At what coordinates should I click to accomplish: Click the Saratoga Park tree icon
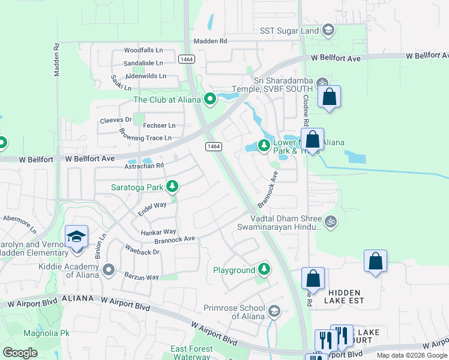click(x=172, y=187)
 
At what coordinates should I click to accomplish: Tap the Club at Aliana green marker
click(x=209, y=99)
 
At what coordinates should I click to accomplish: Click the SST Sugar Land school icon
click(x=328, y=30)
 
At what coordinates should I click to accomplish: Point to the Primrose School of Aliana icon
click(x=274, y=311)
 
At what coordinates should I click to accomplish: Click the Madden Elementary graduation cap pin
click(x=76, y=237)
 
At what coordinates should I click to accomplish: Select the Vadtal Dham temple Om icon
click(x=330, y=223)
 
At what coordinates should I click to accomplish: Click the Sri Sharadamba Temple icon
click(x=322, y=83)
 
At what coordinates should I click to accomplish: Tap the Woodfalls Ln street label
click(x=143, y=51)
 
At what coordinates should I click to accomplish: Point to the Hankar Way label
click(x=158, y=231)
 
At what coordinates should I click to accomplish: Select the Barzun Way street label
click(x=142, y=277)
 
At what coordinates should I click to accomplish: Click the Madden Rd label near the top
click(x=210, y=41)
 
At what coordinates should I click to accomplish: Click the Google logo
click(x=20, y=353)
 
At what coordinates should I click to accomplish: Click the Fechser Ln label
click(x=159, y=125)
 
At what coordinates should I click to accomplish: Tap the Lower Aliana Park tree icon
click(x=264, y=145)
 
